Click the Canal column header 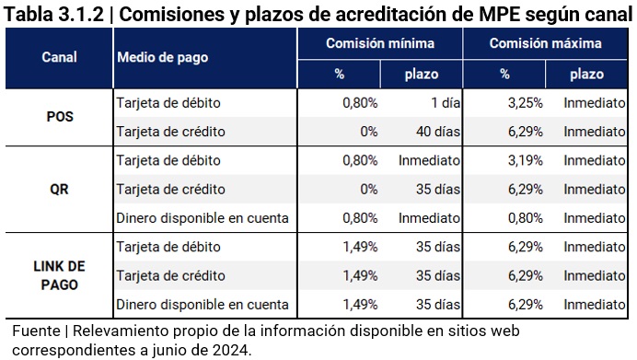click(x=59, y=57)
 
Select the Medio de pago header click(x=162, y=57)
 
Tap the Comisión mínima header click(x=380, y=43)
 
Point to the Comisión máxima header click(x=545, y=43)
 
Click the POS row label click(x=59, y=117)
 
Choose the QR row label click(x=59, y=189)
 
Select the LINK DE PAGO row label click(x=59, y=274)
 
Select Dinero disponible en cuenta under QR click(x=203, y=218)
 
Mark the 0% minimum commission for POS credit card click(x=369, y=132)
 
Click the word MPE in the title click(x=495, y=14)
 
